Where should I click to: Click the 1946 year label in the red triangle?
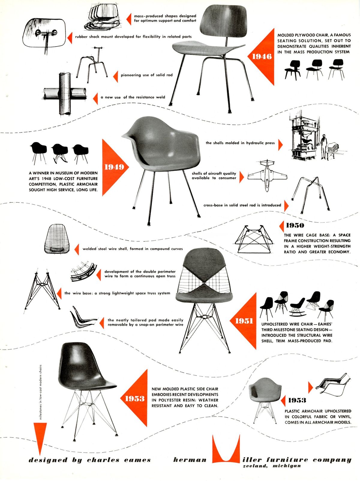point(262,56)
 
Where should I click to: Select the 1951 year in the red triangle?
point(244,321)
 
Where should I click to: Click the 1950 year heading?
point(295,225)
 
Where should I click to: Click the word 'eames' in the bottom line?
point(136,460)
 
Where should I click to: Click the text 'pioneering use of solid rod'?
point(146,75)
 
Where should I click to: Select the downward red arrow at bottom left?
point(40,438)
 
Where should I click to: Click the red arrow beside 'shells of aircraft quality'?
point(242,176)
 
